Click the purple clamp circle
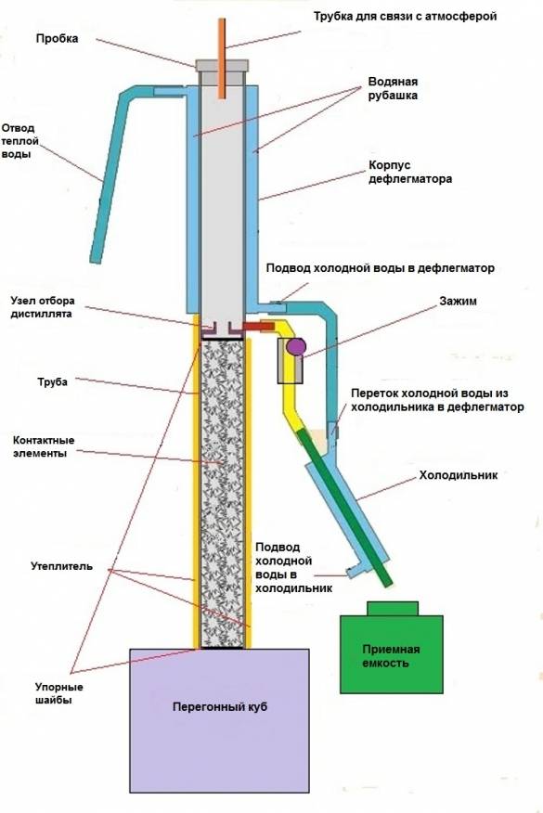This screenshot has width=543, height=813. tap(296, 347)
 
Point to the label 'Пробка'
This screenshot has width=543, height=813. tap(58, 39)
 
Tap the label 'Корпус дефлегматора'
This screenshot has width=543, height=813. tap(405, 172)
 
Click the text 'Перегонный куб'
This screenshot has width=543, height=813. tap(221, 707)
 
